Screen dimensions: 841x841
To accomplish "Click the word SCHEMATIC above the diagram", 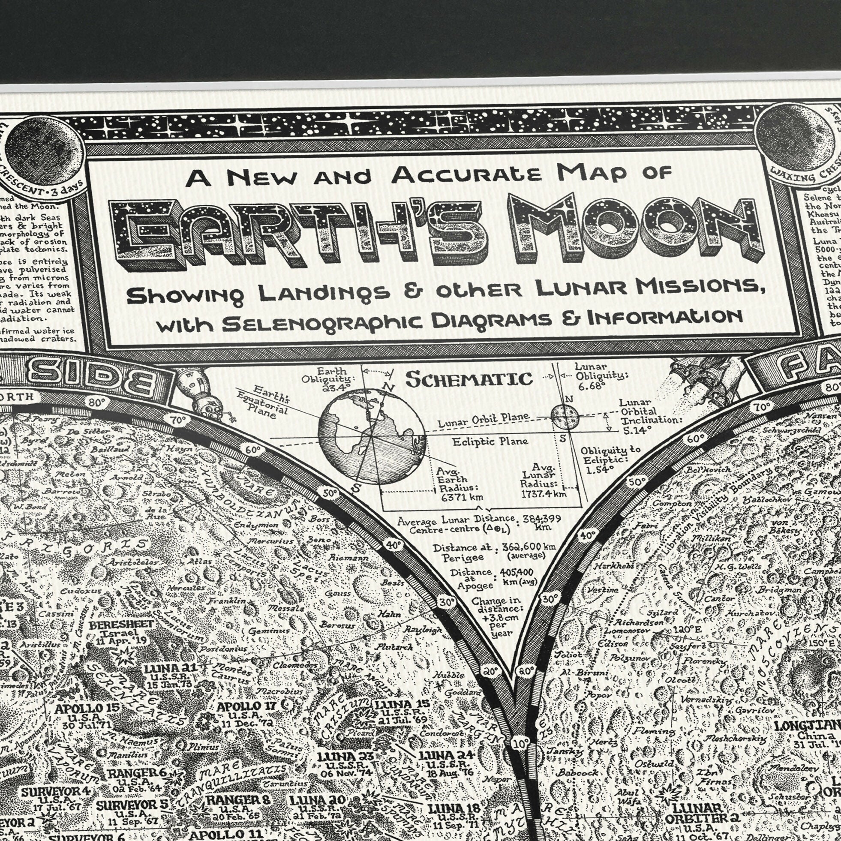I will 469,379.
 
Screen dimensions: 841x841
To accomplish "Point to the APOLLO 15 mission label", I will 87,708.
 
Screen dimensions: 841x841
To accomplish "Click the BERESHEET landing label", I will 121,625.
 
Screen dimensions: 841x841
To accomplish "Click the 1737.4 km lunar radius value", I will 544,494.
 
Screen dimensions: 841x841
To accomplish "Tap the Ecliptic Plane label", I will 490,442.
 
